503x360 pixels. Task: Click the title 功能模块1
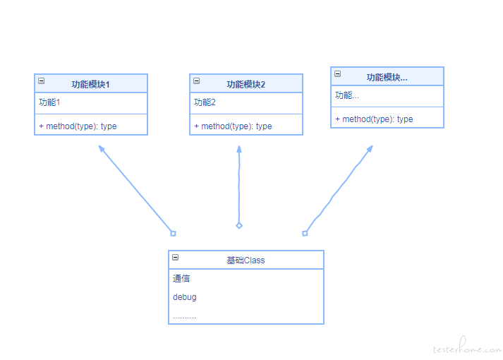pos(90,85)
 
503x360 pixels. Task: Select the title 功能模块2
pos(246,85)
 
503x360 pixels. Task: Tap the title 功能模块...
pos(387,78)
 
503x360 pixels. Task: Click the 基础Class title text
pos(246,260)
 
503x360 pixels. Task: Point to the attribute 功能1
pos(49,102)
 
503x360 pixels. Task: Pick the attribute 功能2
pos(205,102)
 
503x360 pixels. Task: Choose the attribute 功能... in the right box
pos(347,95)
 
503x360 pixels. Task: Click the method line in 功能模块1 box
pos(78,126)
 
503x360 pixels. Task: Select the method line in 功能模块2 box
pos(233,126)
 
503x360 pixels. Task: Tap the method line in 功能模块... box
pos(374,119)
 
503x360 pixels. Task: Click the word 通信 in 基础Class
pos(181,279)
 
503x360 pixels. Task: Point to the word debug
pos(184,297)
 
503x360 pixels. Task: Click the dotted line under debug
pos(184,318)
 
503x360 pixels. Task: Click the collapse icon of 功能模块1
pos(42,81)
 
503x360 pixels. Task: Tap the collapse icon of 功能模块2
pos(197,81)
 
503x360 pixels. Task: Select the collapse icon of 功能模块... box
pos(337,74)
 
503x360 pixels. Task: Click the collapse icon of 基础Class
pos(175,258)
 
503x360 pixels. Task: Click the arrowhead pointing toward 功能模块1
pos(102,148)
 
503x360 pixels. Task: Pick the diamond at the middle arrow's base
pos(239,226)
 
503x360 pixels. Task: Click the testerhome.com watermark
pos(467,346)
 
